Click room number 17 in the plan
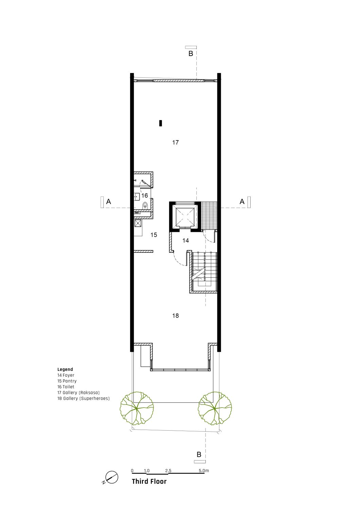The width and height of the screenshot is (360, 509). tap(175, 143)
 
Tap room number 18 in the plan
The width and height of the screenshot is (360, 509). tap(175, 316)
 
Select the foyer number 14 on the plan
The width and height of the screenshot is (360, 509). tap(185, 240)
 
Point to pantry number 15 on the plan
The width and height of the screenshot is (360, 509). tap(154, 235)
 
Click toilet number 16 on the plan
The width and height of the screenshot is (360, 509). tap(145, 195)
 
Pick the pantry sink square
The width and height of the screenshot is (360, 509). tap(138, 223)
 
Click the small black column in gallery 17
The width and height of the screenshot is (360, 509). tap(161, 123)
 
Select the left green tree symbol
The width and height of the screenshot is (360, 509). tap(137, 408)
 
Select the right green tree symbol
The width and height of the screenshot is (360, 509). tap(215, 408)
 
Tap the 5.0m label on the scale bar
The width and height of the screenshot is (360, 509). tap(204, 471)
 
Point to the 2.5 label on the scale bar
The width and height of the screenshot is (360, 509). tap(168, 471)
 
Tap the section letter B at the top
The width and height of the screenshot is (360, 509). tap(191, 54)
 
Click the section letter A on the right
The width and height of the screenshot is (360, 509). tap(242, 201)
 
